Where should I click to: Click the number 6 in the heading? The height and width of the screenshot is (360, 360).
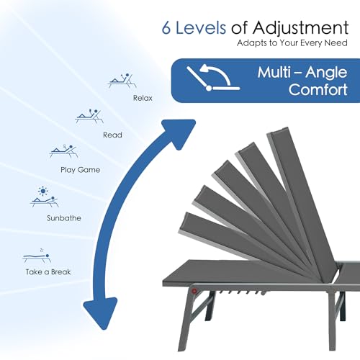coord(166,28)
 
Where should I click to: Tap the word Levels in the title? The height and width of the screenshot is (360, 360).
coord(201,27)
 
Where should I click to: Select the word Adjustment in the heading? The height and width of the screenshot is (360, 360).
coord(300,29)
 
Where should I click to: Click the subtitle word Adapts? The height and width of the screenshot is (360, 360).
coord(251,43)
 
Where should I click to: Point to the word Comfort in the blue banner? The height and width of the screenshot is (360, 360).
coord(318,89)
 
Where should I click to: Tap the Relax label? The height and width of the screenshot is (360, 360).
coord(143,98)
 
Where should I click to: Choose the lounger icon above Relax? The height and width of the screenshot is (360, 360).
coord(122,81)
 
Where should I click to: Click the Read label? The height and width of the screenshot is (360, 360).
coord(112,135)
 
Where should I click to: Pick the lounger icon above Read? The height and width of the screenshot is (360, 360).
coord(89,116)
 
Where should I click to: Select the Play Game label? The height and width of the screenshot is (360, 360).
coord(81,170)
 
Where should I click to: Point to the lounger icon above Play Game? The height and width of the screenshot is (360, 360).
coord(64,151)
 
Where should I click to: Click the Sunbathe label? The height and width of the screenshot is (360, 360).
coord(64,218)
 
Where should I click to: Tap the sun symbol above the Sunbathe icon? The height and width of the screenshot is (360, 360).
coord(43,191)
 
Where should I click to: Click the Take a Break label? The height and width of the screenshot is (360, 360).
coord(48,272)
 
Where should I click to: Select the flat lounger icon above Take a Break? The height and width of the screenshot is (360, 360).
coord(37,257)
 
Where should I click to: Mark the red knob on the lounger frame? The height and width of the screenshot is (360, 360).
coord(194,292)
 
